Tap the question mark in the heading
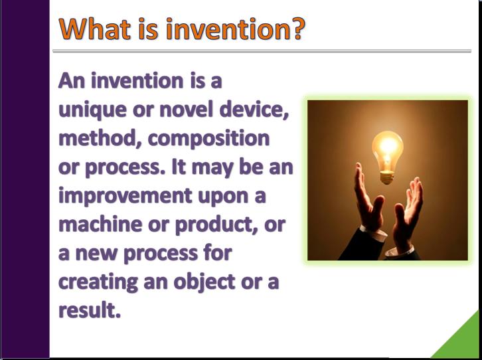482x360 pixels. click(297, 29)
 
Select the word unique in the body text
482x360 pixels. click(92, 111)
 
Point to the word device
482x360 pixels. click(254, 110)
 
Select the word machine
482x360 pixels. click(100, 224)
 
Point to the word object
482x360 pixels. click(204, 282)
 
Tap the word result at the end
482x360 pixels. click(89, 310)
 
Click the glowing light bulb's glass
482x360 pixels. click(387, 150)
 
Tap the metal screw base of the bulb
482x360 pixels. click(387, 178)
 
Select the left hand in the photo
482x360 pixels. click(368, 198)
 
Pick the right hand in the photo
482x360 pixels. click(408, 212)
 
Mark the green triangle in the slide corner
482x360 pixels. click(464, 341)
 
